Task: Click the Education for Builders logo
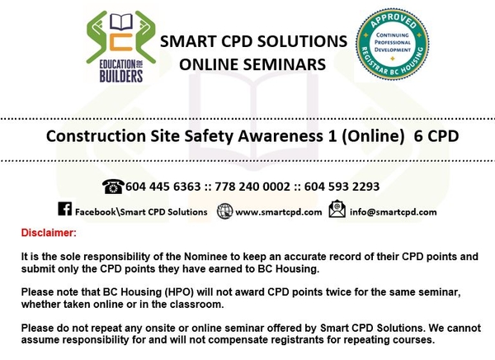tap(115, 48)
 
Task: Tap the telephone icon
tap(113, 187)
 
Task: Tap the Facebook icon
tap(64, 211)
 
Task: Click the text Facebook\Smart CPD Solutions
tap(139, 211)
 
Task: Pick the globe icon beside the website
tap(224, 211)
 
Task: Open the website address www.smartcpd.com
tap(279, 211)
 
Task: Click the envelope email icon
tap(337, 211)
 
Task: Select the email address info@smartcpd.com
tap(394, 211)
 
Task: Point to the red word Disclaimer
tap(49, 234)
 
